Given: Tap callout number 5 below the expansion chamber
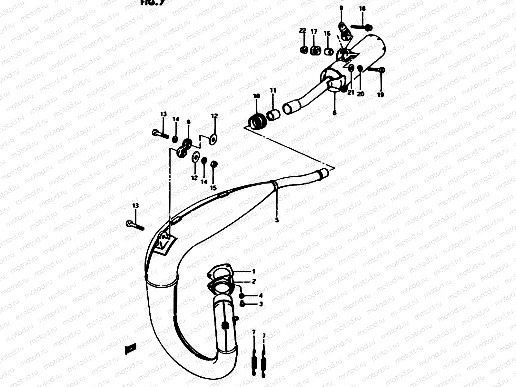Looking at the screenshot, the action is [x=277, y=220].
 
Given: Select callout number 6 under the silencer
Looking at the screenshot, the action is [x=334, y=113].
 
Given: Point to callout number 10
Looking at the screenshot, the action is [x=256, y=96].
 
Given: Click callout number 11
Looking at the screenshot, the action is [x=273, y=91].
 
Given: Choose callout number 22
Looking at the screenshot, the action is [x=302, y=31].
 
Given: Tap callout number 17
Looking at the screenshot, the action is [x=314, y=32].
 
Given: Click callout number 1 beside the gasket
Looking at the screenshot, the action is [x=254, y=271].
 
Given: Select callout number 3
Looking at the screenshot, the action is [x=261, y=304].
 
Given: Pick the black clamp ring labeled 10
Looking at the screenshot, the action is [x=257, y=122].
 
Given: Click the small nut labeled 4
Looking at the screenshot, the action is [x=242, y=295].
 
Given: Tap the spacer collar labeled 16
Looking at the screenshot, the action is [x=328, y=52].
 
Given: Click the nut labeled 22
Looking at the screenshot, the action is [x=303, y=50].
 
